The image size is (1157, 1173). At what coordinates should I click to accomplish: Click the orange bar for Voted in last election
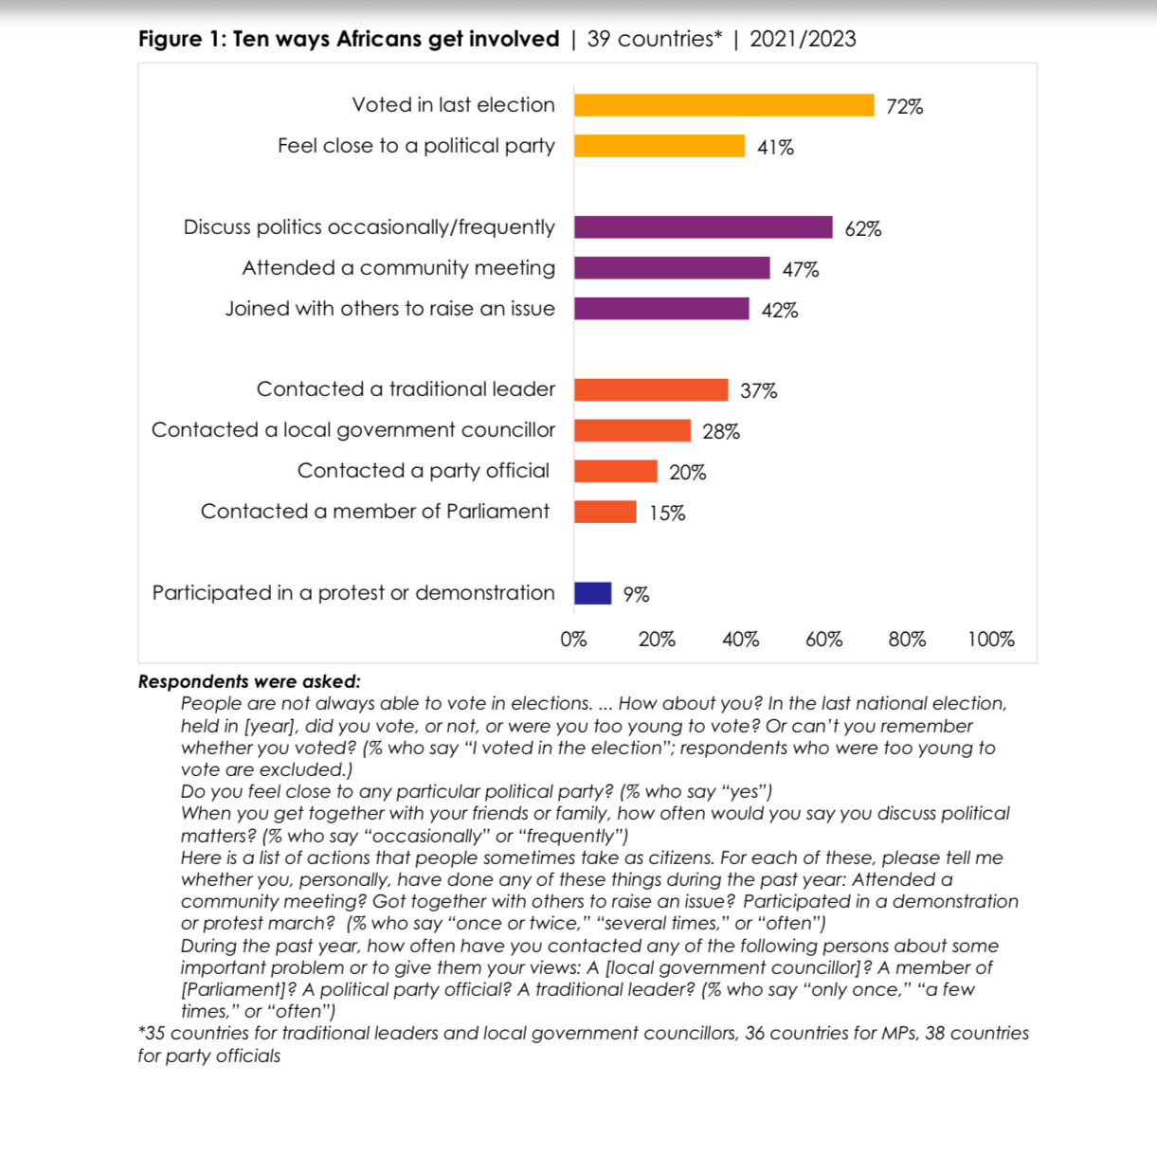724,105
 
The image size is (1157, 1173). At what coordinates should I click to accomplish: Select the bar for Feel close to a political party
660,146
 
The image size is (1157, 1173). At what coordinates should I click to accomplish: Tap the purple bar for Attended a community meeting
672,268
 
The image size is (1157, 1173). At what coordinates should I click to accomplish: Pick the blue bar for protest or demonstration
592,593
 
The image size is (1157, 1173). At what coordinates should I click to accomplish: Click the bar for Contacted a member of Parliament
605,512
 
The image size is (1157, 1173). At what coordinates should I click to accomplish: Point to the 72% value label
904,107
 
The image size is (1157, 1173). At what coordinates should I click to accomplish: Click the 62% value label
862,229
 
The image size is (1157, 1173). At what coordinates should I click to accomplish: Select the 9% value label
636,595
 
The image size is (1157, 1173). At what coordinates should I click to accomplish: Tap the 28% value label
720,432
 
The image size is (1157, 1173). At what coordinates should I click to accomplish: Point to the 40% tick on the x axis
740,640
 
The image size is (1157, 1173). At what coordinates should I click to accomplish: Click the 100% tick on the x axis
990,640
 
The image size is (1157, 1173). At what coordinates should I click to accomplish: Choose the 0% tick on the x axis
573,640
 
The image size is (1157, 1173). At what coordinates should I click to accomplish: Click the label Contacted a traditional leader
406,389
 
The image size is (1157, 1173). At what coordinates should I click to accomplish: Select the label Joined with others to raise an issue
389,309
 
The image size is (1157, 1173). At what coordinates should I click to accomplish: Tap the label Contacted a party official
423,471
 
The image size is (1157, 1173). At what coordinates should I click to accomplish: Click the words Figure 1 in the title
180,39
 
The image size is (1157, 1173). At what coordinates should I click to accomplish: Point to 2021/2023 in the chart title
803,39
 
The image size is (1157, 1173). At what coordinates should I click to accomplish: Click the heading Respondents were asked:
249,681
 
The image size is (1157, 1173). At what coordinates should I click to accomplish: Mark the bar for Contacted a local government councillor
632,431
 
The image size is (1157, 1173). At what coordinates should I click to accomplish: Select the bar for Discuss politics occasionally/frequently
703,227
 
